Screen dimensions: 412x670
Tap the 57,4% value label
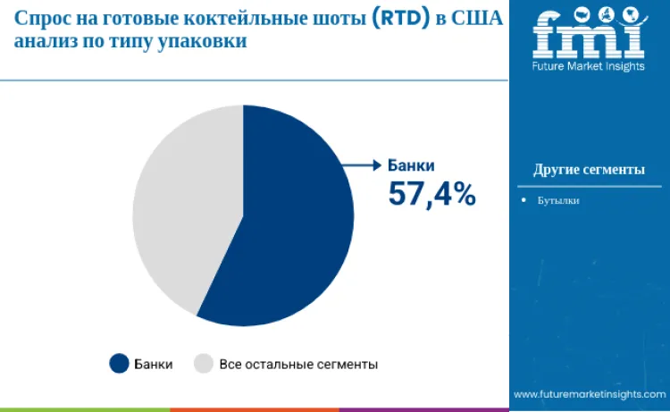coord(431,193)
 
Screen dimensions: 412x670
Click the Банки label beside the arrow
coord(411,165)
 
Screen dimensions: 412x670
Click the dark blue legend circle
coord(119,364)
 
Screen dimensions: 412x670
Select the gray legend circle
coord(204,364)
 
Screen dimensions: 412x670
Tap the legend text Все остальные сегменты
coord(297,365)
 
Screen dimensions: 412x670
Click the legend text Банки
coord(153,365)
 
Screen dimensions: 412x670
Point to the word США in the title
coord(478,19)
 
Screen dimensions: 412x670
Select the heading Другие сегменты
coord(589,169)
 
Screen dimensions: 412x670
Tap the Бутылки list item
coord(558,200)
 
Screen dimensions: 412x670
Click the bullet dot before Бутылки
coord(524,200)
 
